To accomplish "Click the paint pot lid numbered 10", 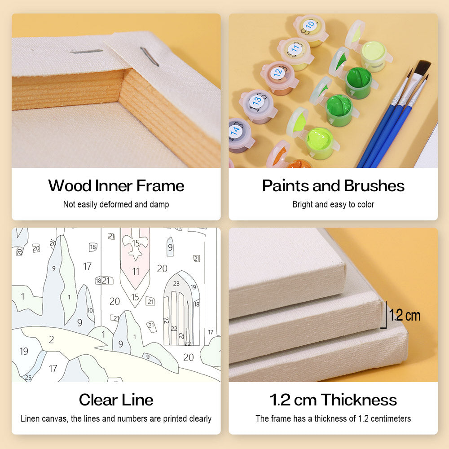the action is [309, 26].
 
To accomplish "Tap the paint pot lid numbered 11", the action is [294, 49].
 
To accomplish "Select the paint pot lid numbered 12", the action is [278, 72].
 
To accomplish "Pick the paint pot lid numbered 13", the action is [256, 101].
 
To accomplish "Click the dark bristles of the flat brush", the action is [423, 68].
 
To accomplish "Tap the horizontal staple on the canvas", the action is [87, 52].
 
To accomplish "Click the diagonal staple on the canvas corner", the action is [149, 57].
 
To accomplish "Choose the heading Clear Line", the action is [116, 400].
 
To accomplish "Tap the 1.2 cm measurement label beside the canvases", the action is [405, 316].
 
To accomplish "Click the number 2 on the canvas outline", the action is [52, 339].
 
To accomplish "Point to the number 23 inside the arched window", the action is [176, 283].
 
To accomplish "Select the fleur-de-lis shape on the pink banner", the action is [136, 244].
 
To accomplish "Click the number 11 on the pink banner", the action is [136, 271].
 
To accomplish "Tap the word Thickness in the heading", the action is [359, 400].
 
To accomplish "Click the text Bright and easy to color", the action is [333, 204].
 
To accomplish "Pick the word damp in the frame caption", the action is [159, 204].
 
